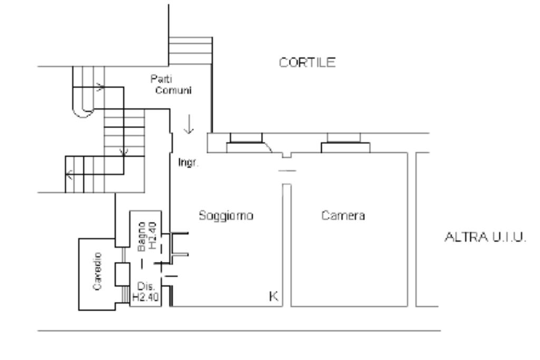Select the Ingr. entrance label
point(188,163)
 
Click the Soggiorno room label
point(227,216)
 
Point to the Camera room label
point(343,216)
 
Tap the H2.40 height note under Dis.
point(142,297)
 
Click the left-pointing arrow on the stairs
point(70,174)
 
